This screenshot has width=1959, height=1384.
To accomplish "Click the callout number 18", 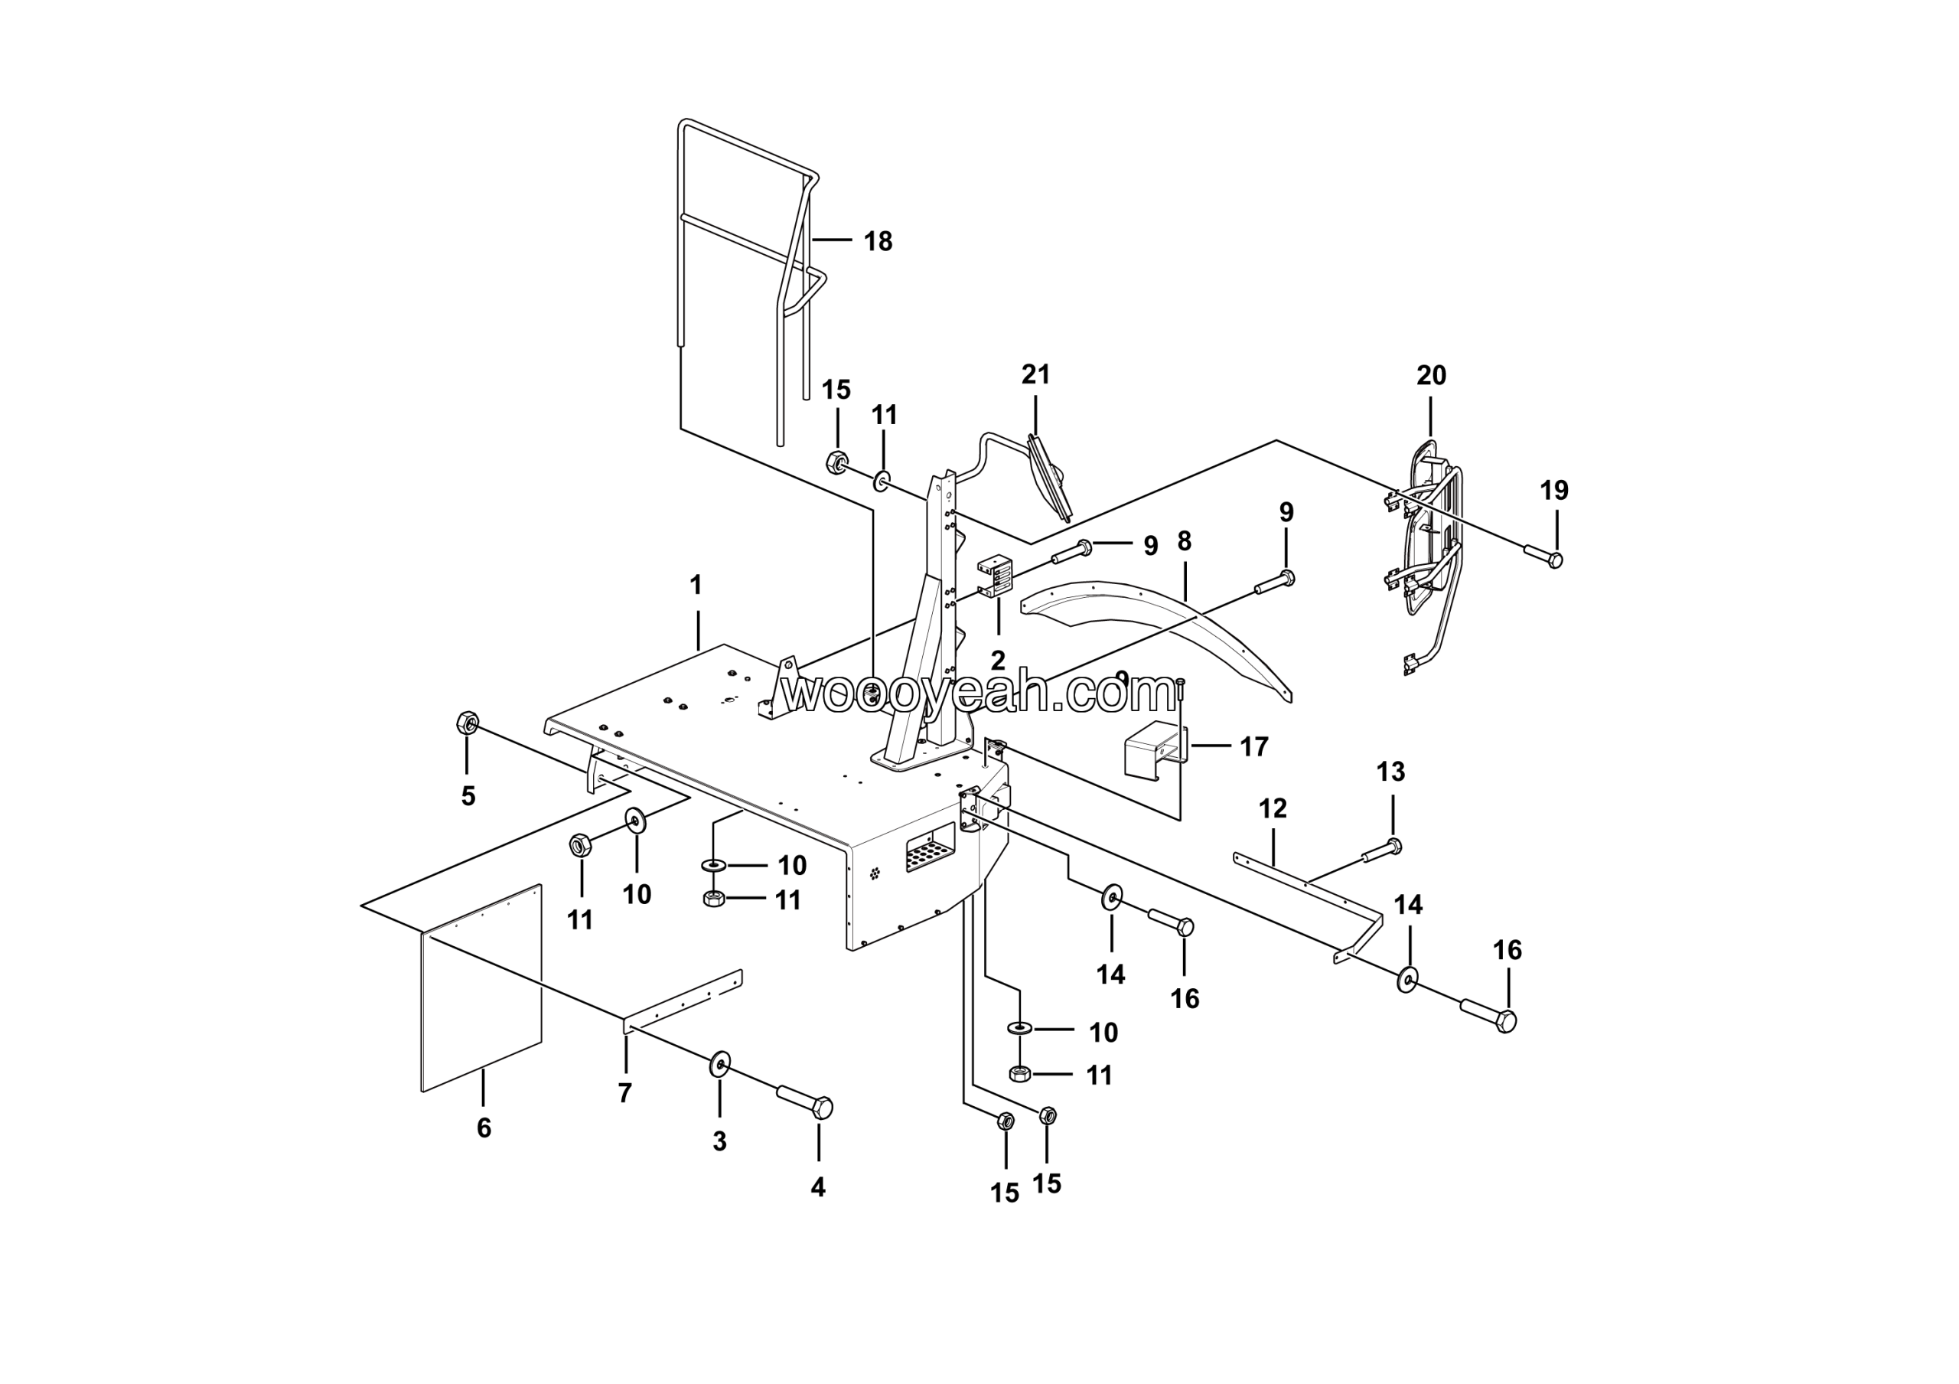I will click(x=877, y=241).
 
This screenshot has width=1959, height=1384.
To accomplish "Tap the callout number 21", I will click(x=1036, y=374).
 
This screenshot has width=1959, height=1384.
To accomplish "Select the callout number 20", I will click(x=1431, y=375).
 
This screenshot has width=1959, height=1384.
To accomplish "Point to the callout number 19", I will click(x=1553, y=491).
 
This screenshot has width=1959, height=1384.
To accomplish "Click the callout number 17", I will click(x=1253, y=746).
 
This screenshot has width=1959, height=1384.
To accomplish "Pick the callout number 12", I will click(x=1272, y=808).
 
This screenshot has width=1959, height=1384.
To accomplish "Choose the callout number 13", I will click(x=1390, y=772).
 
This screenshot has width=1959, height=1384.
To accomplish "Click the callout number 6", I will click(x=484, y=1128).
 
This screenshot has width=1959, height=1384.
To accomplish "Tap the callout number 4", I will click(x=817, y=1187).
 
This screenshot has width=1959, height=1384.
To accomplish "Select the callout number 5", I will click(x=468, y=796).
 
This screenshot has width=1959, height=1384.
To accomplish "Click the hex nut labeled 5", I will click(x=468, y=723).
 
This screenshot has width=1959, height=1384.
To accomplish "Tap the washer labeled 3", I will click(x=720, y=1064).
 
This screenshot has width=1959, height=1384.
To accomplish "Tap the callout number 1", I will click(x=696, y=586).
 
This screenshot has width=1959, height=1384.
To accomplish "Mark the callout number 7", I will click(x=624, y=1093).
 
